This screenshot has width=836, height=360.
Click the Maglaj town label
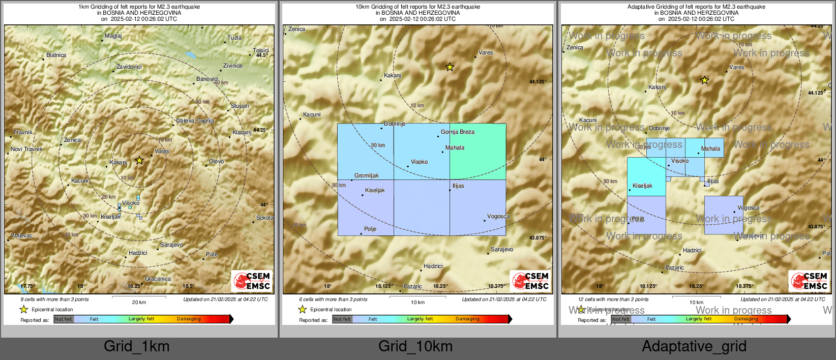[x=113, y=36]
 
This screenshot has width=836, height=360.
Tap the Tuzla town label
[x=234, y=38]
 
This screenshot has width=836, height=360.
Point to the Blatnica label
[x=56, y=55]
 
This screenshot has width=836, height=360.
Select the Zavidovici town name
[x=129, y=67]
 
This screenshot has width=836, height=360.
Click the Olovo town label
[x=216, y=161]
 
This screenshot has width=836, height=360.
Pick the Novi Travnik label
[x=27, y=149]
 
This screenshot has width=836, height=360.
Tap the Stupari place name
[x=240, y=106]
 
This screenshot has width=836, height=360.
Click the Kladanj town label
[x=242, y=132]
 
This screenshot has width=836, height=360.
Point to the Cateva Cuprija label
[x=195, y=121]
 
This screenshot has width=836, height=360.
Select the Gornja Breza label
[x=458, y=132]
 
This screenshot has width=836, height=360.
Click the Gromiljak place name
[x=367, y=175]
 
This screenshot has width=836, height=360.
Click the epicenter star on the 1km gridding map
[x=139, y=161]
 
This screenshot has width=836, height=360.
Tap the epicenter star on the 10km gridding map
[x=450, y=67]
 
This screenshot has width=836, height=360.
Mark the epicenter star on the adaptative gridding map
[x=704, y=80]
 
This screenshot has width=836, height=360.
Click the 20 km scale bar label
[x=139, y=302]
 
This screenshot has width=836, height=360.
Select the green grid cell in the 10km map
[x=477, y=152]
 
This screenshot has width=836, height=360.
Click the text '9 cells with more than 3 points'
[x=54, y=299]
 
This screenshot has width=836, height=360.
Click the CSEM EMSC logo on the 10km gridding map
[x=530, y=281]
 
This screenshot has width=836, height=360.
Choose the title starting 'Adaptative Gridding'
[x=696, y=7]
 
